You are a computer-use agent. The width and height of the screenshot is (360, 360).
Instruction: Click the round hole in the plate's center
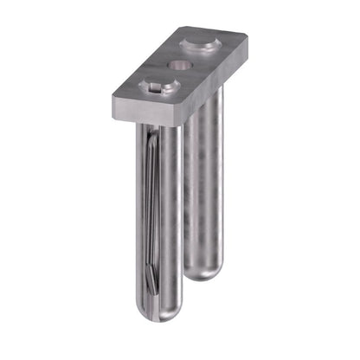(x=179, y=64)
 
